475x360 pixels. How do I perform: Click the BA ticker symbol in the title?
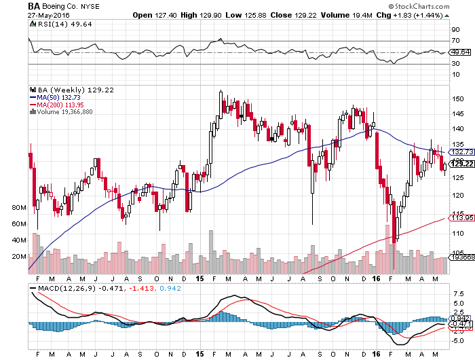[x=33, y=5]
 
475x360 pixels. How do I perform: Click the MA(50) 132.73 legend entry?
[x=56, y=97]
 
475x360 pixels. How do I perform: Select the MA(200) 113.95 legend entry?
[x=58, y=105]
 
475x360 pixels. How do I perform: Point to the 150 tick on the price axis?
[x=458, y=98]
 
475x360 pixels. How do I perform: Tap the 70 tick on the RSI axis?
[x=457, y=41]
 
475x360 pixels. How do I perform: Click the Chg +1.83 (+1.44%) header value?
[x=399, y=14]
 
